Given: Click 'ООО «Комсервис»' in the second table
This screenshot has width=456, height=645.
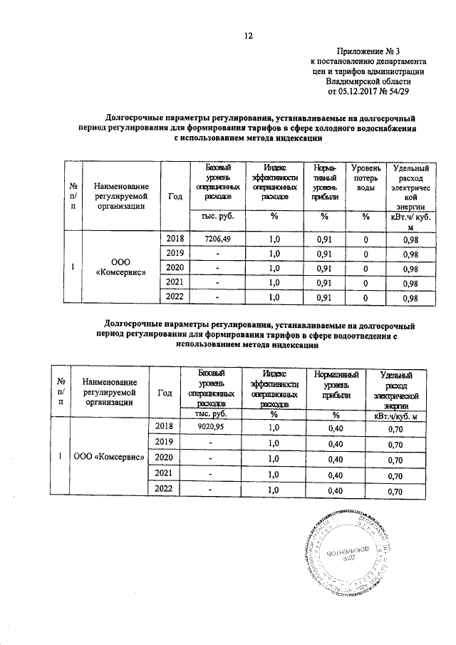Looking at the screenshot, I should [110, 456].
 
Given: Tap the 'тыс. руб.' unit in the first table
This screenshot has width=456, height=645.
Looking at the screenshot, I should [217, 217].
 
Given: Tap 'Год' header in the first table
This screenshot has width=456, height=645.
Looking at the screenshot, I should [175, 197].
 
